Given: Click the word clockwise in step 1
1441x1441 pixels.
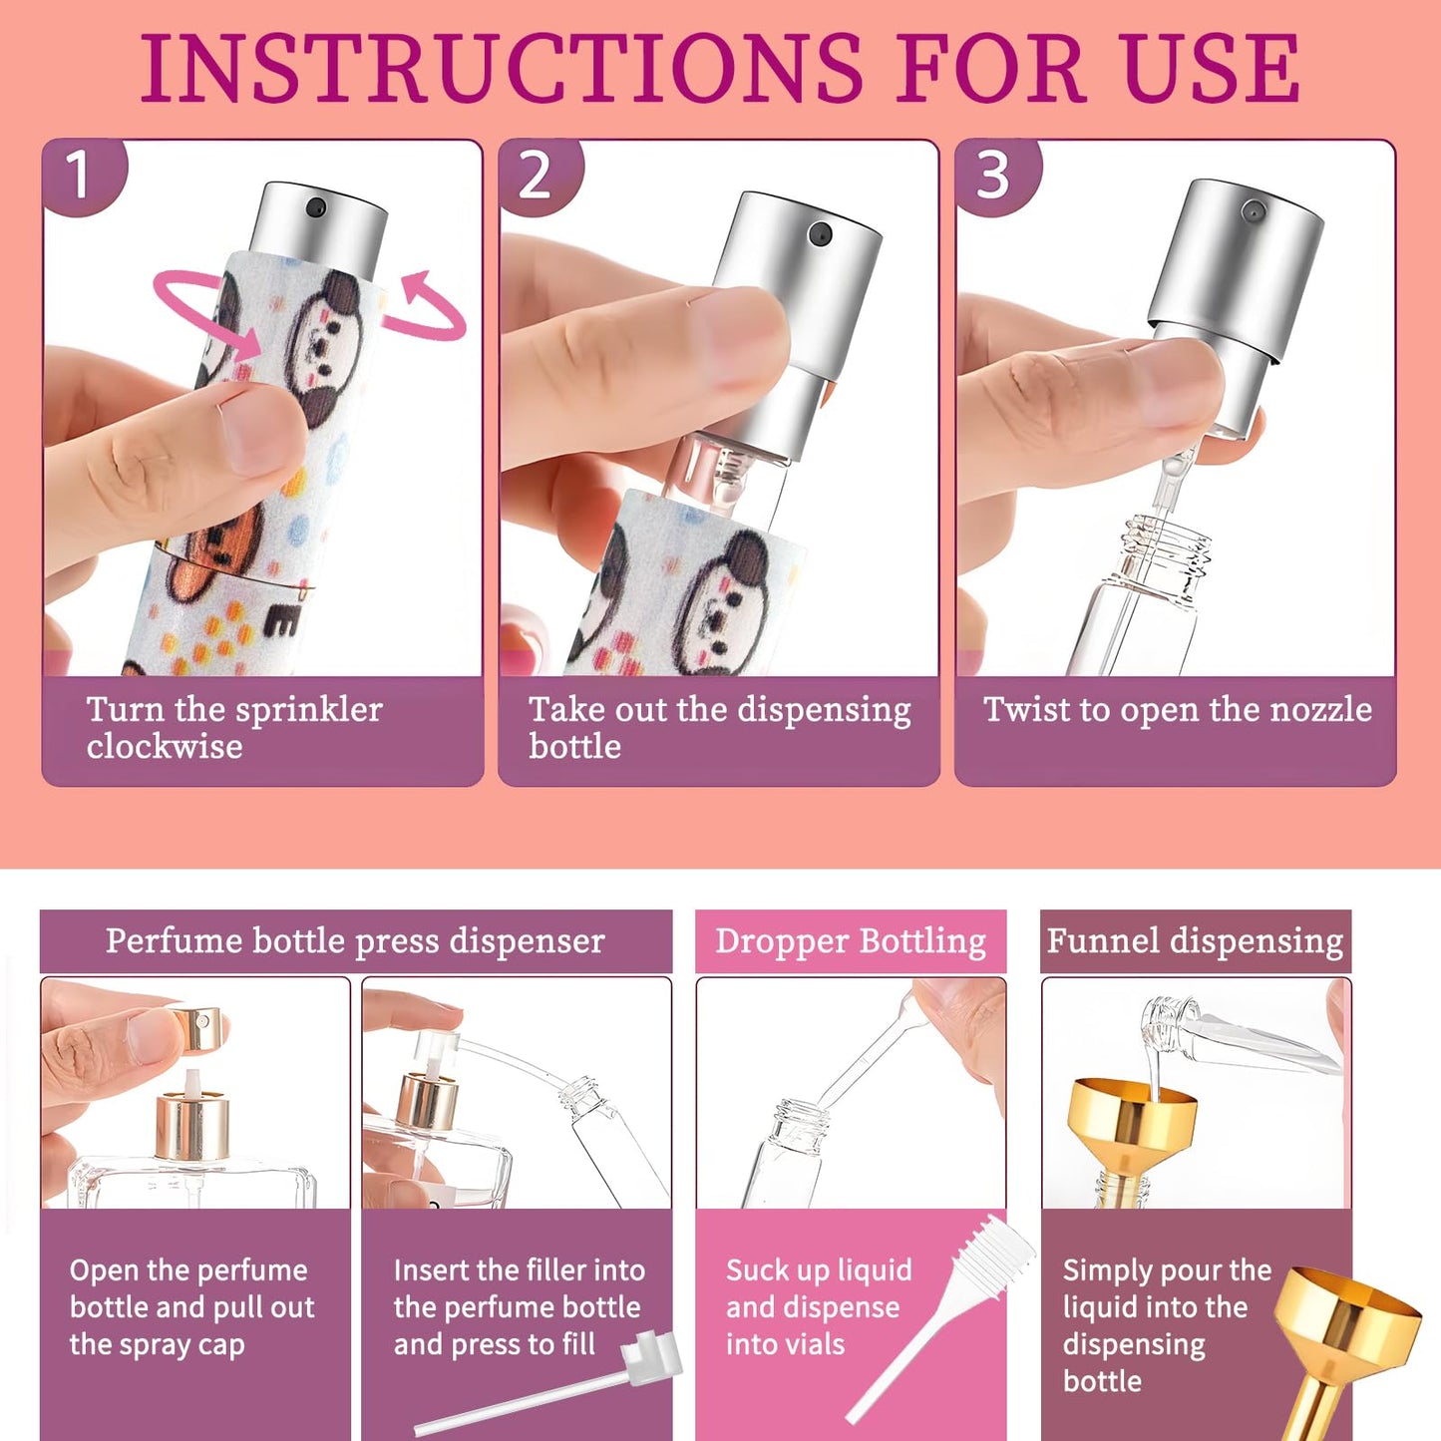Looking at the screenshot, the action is [x=165, y=746].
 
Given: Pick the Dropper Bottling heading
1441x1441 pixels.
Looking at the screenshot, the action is [x=851, y=941].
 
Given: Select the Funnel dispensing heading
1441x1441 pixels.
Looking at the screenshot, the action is [x=1195, y=941].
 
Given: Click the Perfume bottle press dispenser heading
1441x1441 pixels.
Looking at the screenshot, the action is [x=355, y=940].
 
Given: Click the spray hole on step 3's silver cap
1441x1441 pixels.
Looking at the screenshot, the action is [x=1254, y=210].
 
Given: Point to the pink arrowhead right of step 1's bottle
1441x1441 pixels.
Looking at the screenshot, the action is [x=417, y=286].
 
